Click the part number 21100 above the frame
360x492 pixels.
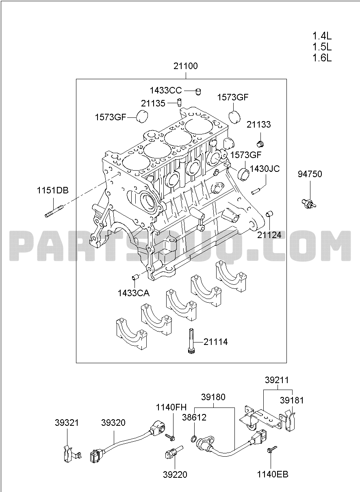[186, 66]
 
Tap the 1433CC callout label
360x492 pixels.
[166, 90]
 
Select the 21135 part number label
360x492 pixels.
[153, 103]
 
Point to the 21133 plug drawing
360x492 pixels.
[260, 144]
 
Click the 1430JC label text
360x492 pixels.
[265, 169]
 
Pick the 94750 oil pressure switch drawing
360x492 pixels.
[308, 204]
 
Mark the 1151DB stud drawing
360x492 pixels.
[54, 211]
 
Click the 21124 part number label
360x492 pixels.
[269, 235]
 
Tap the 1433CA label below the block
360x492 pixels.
[134, 293]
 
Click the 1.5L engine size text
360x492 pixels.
[322, 47]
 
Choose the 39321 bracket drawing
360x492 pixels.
[71, 453]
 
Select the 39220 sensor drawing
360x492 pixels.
[174, 452]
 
